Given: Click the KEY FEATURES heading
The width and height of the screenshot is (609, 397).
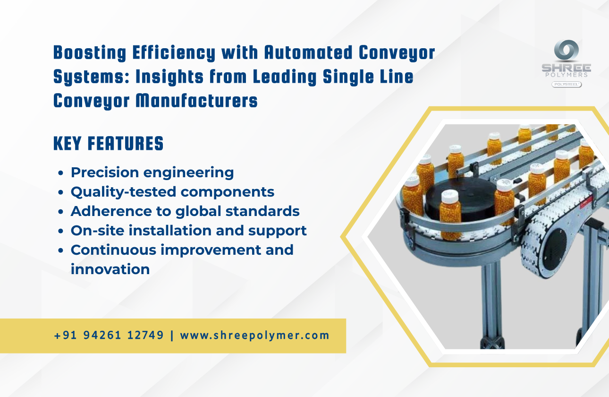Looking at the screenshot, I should [x=108, y=144].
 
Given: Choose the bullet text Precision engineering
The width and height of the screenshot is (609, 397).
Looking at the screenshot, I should [x=152, y=173].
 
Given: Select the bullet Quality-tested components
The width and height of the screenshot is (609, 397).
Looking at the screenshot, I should [x=172, y=192].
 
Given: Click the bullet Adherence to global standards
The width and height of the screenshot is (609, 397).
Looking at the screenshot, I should [x=185, y=211].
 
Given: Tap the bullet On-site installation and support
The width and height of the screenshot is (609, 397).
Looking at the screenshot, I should [x=188, y=230].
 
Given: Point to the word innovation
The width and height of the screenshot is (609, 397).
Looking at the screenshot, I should [x=110, y=269].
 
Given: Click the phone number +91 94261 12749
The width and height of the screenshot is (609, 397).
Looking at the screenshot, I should [x=109, y=336].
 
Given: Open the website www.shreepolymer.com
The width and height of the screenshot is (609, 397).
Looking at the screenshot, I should [x=254, y=336].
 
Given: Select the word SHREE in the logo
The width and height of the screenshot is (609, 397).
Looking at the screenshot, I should [x=566, y=68].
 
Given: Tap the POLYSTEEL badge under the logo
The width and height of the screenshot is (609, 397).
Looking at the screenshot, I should [x=566, y=84].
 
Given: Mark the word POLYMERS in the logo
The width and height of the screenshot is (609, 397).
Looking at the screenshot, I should [x=566, y=75].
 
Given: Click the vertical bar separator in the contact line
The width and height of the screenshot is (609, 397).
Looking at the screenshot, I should [x=172, y=336].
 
